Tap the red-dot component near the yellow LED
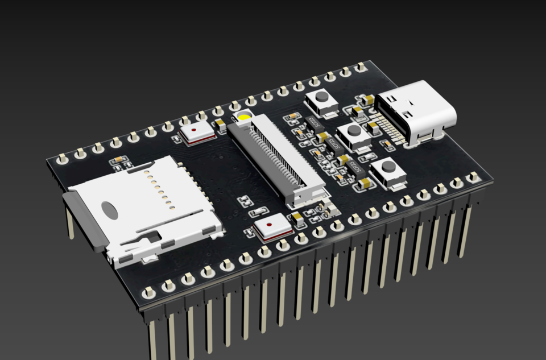tap(196, 133)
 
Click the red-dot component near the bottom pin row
tap(273, 229)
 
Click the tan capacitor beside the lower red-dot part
tap(297, 218)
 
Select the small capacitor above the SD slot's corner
tap(118, 160)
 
